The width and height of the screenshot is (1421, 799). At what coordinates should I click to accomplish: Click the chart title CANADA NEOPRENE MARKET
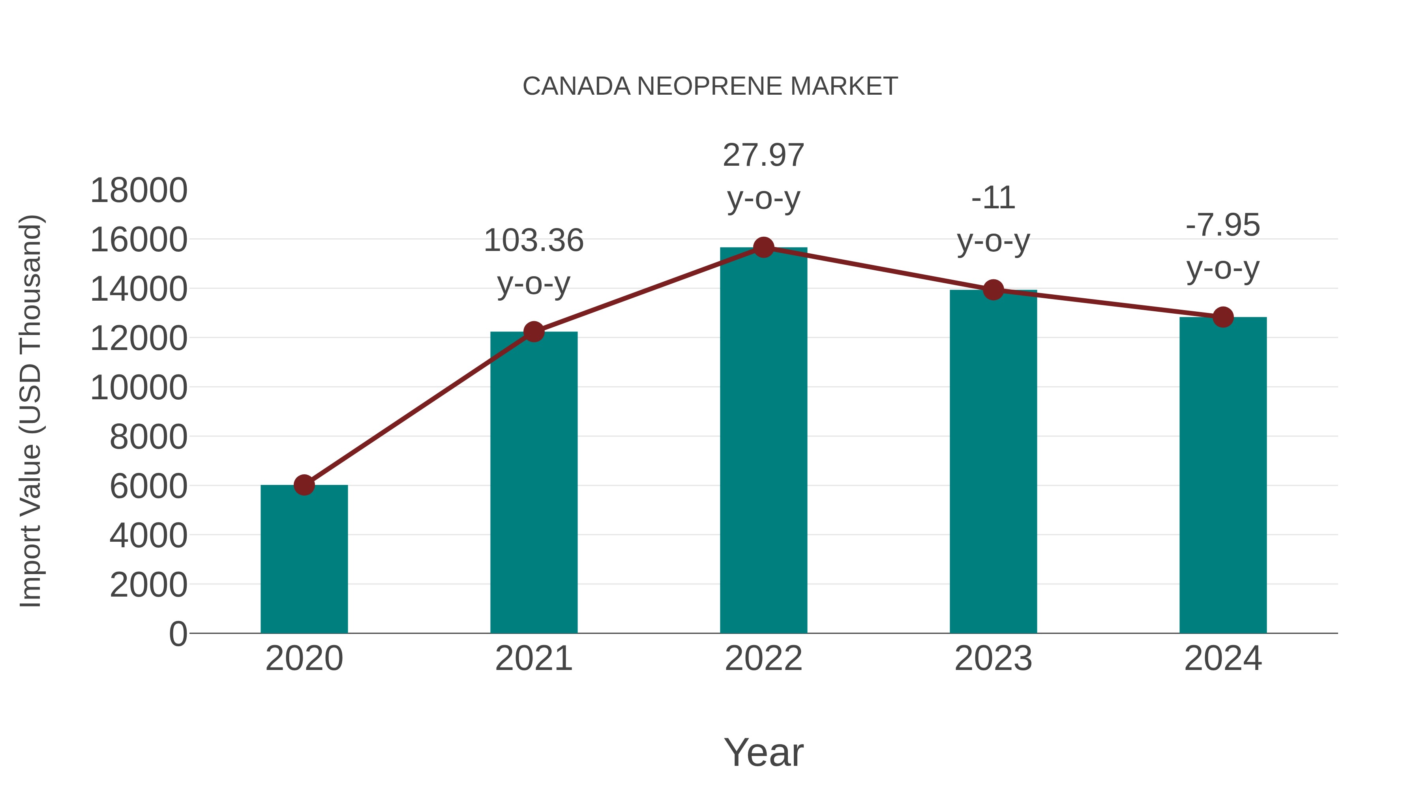pos(710,86)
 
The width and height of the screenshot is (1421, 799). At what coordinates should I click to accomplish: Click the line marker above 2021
pos(533,331)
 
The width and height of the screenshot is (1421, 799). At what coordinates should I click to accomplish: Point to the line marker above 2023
pos(993,290)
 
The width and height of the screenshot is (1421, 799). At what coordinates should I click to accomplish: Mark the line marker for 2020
pos(304,485)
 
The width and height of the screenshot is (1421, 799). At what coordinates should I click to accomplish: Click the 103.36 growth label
pos(533,241)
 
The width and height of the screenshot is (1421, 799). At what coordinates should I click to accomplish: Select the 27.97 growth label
pos(763,155)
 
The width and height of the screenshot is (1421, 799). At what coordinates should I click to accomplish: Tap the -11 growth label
pos(993,198)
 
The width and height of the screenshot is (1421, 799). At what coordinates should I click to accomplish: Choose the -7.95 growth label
pos(1223,225)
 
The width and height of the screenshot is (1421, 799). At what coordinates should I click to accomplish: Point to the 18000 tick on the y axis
pos(139,191)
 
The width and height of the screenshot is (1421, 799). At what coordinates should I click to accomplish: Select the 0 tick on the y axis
pos(178,634)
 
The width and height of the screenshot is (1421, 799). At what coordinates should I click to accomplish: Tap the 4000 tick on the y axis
pos(148,535)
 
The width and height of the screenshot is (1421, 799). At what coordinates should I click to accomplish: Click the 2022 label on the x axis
pos(763,659)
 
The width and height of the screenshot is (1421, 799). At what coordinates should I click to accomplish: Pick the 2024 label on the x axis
pos(1223,659)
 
